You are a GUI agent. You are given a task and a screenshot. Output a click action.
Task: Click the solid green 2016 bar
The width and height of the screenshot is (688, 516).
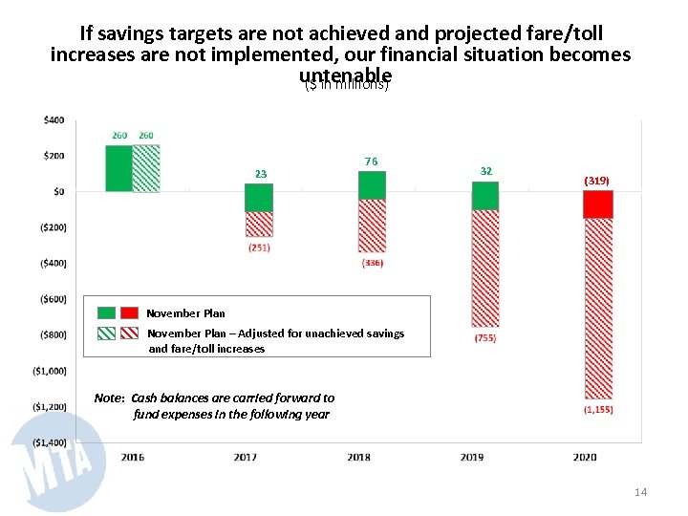click(x=118, y=168)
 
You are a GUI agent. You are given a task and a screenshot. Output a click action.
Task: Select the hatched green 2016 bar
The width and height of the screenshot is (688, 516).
click(x=146, y=168)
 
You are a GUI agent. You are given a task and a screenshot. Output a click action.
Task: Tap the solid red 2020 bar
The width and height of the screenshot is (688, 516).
click(x=598, y=204)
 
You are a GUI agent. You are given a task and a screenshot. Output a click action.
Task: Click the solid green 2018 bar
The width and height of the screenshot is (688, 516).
click(x=372, y=185)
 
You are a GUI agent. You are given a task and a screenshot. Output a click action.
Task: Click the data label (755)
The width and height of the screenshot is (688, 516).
click(x=485, y=338)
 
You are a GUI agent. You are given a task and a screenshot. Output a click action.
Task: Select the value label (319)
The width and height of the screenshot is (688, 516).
click(x=597, y=180)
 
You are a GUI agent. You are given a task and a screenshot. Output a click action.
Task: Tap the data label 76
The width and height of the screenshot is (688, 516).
click(x=372, y=161)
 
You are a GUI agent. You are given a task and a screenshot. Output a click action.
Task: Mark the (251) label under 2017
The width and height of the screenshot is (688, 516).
click(x=259, y=247)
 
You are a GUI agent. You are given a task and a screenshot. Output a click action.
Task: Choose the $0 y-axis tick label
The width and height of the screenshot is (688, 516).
click(x=58, y=191)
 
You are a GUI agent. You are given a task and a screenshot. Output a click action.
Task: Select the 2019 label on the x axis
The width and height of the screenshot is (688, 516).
click(x=471, y=457)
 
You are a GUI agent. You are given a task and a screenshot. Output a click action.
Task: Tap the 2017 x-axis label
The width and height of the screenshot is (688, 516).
click(x=246, y=457)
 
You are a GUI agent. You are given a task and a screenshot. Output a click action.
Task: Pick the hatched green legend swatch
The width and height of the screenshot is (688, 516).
click(x=106, y=333)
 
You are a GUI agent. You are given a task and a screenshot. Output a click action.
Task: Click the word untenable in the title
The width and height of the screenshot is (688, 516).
click(x=345, y=75)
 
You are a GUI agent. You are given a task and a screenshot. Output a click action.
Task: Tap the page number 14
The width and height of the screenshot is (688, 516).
click(x=640, y=492)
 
